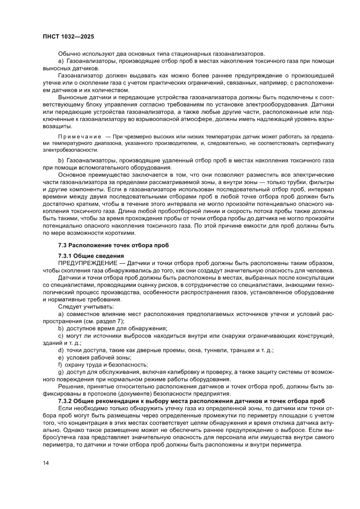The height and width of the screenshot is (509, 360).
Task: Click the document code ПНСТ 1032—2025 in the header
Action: pyautogui.click(x=68, y=37)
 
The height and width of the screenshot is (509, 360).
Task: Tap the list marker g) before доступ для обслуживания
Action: pyautogui.click(x=61, y=372)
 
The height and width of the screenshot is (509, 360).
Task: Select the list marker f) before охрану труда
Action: pyautogui.click(x=61, y=364)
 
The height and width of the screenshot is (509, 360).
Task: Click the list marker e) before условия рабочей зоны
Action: pyautogui.click(x=61, y=357)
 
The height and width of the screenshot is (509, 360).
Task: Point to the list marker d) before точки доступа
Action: pyautogui.click(x=61, y=350)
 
